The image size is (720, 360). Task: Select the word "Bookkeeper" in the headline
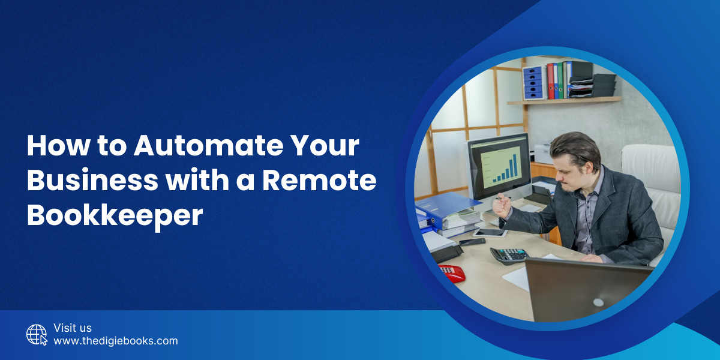[x=115, y=215]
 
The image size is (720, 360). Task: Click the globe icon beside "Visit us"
[x=37, y=334]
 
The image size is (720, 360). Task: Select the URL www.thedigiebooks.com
[x=116, y=341]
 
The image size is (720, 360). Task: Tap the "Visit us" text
[x=73, y=328]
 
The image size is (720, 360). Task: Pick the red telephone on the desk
[x=451, y=273]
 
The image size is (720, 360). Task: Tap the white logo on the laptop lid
[x=598, y=302]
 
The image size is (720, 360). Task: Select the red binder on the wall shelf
[x=550, y=81]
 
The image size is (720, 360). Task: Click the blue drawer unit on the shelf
[x=532, y=83]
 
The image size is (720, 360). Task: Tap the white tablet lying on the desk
[x=488, y=232]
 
